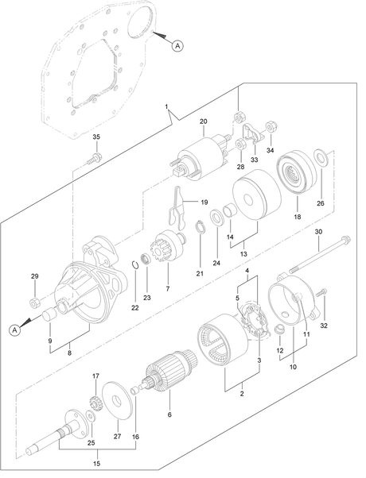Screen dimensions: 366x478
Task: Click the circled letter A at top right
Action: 177,46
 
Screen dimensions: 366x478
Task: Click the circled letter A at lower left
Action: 14,330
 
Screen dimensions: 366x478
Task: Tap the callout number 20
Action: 203,121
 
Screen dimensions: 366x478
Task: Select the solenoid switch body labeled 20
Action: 199,158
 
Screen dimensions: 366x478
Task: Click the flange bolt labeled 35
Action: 95,158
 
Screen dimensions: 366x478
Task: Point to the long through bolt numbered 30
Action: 319,253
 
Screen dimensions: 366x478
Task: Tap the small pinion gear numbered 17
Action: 95,403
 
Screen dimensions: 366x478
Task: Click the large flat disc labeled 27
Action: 117,400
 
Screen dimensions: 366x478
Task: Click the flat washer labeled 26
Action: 321,156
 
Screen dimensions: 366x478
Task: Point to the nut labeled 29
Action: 33,303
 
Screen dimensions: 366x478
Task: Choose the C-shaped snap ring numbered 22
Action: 135,264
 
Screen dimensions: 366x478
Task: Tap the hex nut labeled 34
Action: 271,127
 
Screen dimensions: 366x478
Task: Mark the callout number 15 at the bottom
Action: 96,464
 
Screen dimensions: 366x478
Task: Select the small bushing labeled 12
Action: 279,330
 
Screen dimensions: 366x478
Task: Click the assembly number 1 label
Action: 166,106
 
